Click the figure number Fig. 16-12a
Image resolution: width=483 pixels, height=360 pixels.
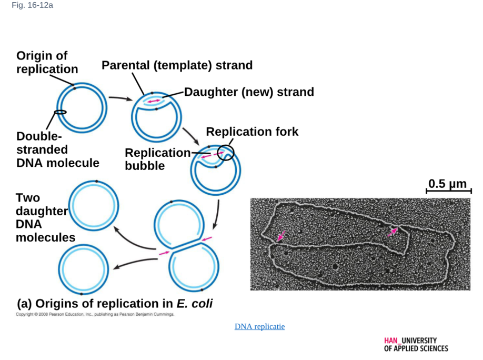click(x=32, y=5)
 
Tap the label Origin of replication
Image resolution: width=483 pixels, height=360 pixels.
click(x=47, y=62)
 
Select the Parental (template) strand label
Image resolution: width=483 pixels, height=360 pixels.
click(x=177, y=65)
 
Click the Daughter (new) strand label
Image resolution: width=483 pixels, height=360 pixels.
click(x=249, y=92)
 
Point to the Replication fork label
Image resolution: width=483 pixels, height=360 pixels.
click(x=252, y=132)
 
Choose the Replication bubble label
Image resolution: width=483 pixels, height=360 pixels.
click(x=158, y=159)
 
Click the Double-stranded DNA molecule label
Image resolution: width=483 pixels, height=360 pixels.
click(x=58, y=149)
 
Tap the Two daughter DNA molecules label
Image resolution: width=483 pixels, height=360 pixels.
click(x=46, y=217)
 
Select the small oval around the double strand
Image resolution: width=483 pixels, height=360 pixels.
click(x=60, y=112)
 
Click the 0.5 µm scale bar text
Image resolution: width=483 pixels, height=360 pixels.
click(x=448, y=184)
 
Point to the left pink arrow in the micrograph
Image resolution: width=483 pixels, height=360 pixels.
click(x=281, y=236)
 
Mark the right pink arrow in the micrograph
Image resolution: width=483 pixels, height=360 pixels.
click(x=393, y=232)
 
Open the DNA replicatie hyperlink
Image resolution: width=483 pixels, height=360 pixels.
click(x=260, y=326)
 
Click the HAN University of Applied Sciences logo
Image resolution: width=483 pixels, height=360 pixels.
click(x=416, y=345)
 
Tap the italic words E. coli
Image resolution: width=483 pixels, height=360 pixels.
click(x=195, y=304)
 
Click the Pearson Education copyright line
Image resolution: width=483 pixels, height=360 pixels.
click(x=95, y=314)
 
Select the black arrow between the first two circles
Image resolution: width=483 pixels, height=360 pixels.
click(x=120, y=98)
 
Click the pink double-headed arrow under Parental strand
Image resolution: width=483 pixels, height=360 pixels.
click(x=154, y=101)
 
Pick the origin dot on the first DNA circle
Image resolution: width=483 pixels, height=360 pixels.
click(x=74, y=88)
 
